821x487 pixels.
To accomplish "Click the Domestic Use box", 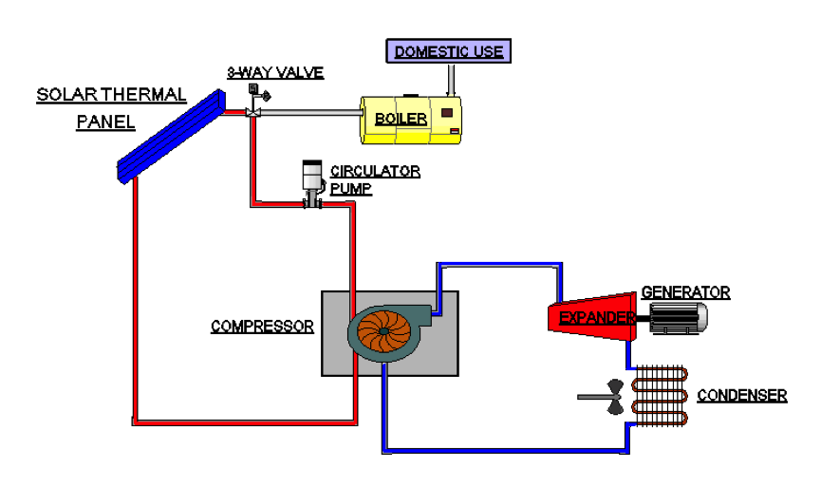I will (449, 50).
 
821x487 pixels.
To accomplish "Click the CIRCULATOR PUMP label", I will (375, 179).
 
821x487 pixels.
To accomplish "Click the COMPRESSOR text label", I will (262, 327).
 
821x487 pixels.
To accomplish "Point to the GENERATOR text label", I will (685, 292).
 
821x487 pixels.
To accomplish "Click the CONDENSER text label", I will (742, 395).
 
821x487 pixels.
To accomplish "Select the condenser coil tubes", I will (662, 393).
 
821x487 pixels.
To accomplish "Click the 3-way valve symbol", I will (253, 110).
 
